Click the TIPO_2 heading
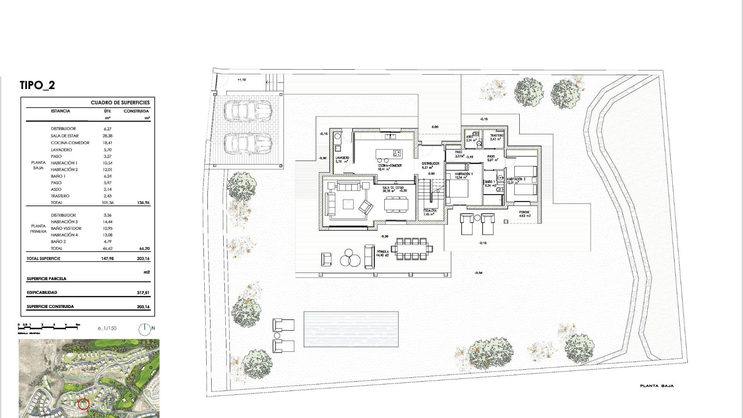[x=37, y=85]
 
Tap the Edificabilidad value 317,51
[x=143, y=293]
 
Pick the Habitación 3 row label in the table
[x=64, y=222]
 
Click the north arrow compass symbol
[x=144, y=329]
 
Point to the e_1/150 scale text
[x=107, y=328]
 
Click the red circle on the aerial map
[x=84, y=404]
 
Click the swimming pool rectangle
[x=351, y=329]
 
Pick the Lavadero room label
[x=342, y=159]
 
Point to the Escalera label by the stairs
[x=430, y=212]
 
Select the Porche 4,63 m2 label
[x=525, y=214]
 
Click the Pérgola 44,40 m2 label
[x=383, y=254]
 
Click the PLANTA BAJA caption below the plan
[x=657, y=386]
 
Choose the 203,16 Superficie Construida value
[x=143, y=307]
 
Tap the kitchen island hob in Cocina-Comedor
[x=396, y=153]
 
